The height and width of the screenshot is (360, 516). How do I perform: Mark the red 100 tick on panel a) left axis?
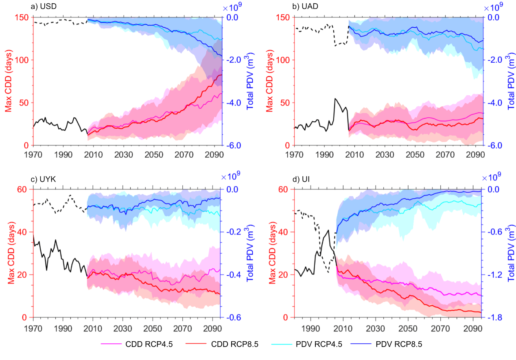point(24,60)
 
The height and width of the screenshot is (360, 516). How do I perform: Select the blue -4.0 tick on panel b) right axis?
point(496,103)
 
